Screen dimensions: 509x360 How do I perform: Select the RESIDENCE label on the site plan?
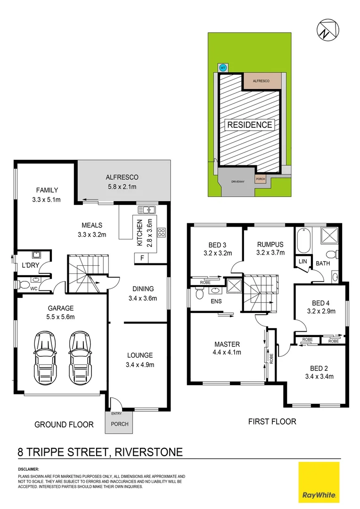coord(250,125)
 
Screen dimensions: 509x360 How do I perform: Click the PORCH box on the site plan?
coord(260,179)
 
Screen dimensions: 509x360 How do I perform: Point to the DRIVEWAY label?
coord(237,181)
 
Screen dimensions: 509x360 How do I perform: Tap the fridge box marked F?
coord(141,258)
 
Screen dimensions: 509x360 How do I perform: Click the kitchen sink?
coord(144,209)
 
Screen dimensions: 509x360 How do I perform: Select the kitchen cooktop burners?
coord(161,231)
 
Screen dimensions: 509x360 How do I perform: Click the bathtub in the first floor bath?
coord(302,242)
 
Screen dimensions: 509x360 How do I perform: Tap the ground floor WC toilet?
coord(23,284)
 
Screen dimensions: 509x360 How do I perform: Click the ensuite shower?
coord(233,286)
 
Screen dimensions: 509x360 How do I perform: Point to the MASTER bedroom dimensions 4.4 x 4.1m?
coord(228,352)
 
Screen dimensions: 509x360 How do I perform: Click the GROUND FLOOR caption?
coord(64,425)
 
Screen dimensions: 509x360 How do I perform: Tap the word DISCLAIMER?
coord(28,470)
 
